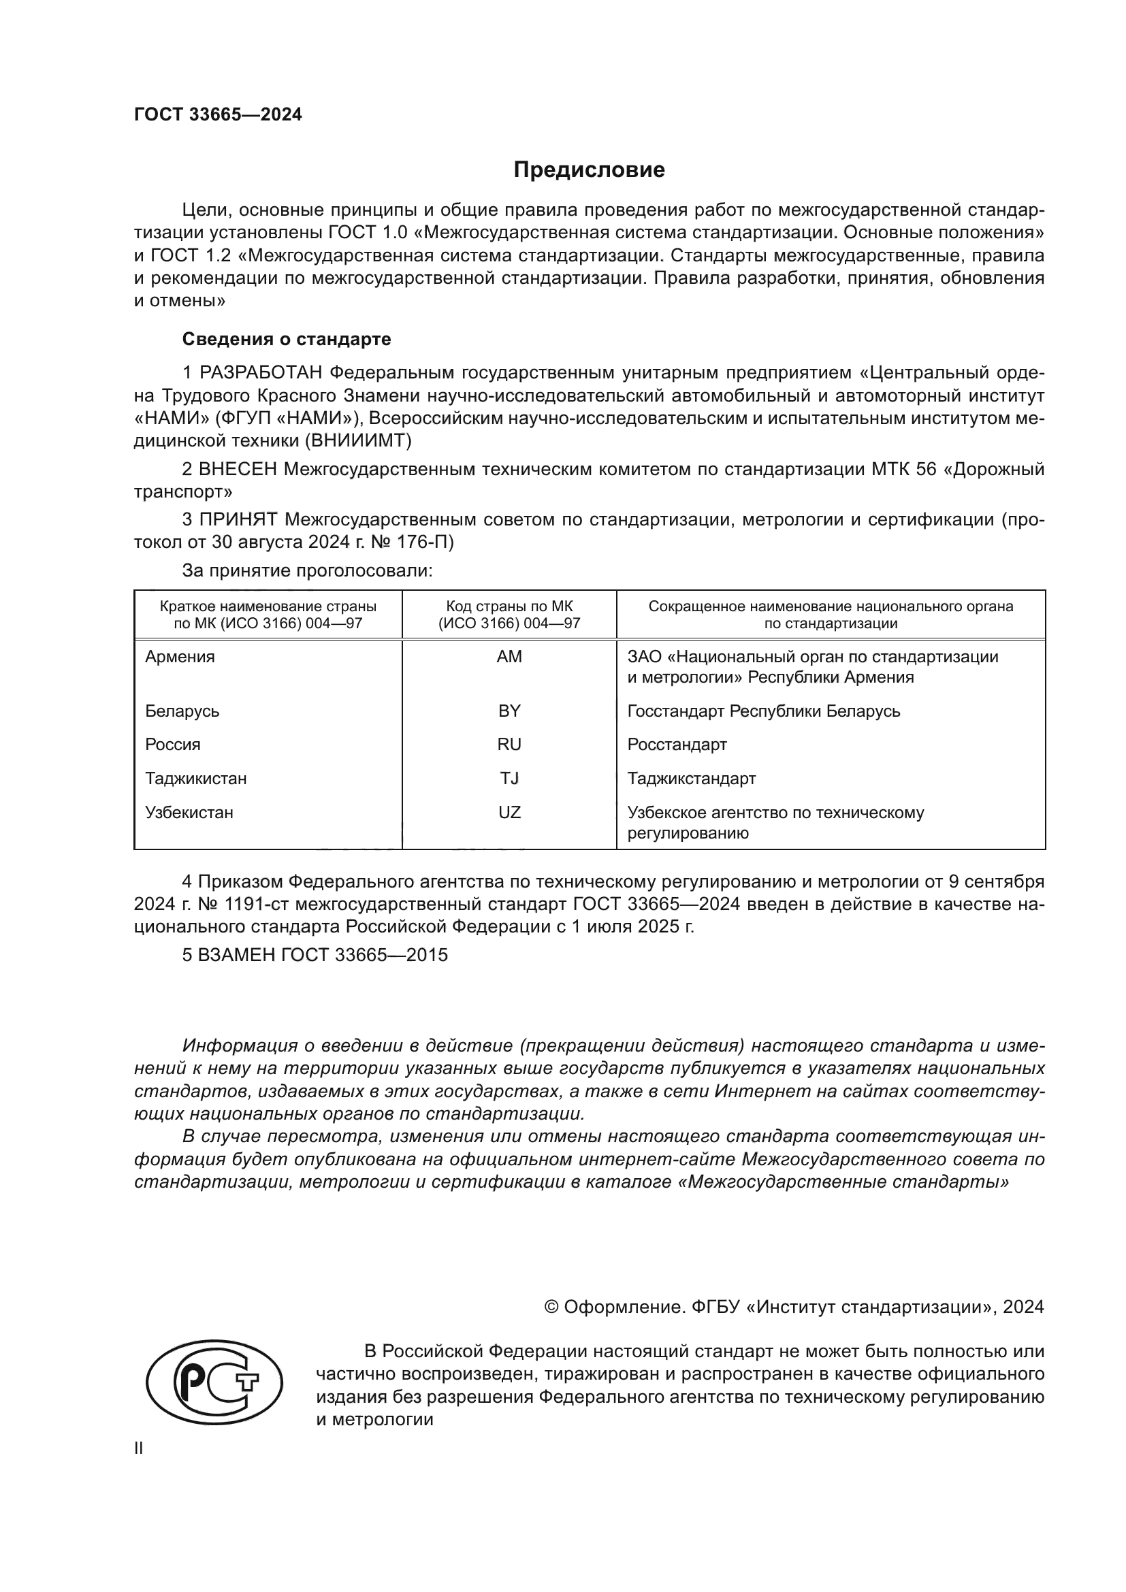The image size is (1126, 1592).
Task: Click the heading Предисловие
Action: pos(589,170)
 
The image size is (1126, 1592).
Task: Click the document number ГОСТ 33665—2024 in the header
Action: pos(218,115)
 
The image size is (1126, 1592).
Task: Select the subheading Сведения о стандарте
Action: pos(287,339)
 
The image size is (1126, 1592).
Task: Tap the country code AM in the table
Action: pos(509,657)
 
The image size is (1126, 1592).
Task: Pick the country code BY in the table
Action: pos(509,711)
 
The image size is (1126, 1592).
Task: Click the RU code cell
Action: pos(509,745)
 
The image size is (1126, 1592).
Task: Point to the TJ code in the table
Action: pos(509,778)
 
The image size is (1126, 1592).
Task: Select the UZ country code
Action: pos(509,812)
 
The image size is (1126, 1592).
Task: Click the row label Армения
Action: pos(180,657)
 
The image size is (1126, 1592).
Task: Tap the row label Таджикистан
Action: pos(195,778)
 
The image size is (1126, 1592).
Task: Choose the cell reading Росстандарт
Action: pos(677,745)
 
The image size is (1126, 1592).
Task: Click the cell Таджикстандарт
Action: pos(691,778)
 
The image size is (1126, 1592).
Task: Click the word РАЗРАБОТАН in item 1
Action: pos(261,373)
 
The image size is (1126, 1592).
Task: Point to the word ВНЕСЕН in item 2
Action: pos(238,470)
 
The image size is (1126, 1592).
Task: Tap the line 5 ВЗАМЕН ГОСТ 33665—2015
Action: pos(315,955)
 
